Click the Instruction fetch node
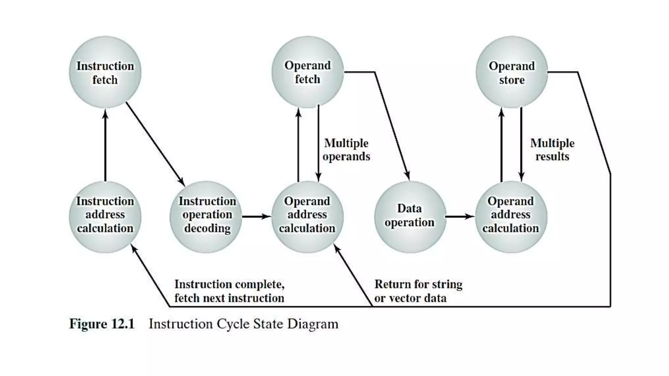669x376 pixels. click(105, 72)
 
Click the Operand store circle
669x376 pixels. click(512, 72)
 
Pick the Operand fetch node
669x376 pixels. click(307, 72)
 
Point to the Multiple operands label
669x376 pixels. click(346, 150)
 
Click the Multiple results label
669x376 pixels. click(552, 150)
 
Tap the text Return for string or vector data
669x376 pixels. click(418, 291)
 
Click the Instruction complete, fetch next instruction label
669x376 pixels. click(229, 291)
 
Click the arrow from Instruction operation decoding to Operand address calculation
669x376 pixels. click(256, 216)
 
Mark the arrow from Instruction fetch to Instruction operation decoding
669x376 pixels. click(155, 144)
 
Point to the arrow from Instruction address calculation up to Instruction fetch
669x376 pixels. click(105, 145)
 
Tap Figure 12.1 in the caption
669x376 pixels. click(102, 324)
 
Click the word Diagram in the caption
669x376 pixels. click(313, 324)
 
